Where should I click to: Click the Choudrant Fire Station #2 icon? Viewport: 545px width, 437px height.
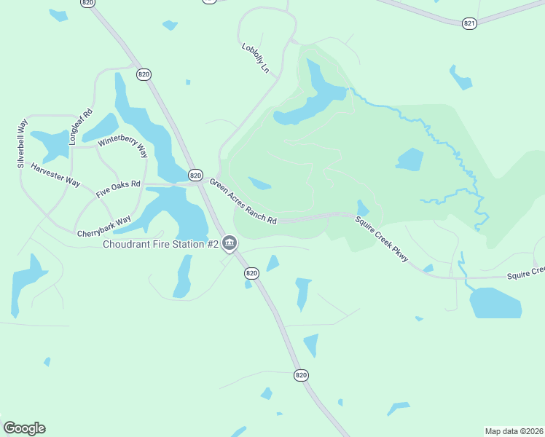coord(230,243)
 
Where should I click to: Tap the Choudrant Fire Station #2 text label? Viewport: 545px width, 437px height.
coord(160,245)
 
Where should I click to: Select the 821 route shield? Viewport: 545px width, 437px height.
coord(469,23)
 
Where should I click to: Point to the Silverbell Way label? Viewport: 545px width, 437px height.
coord(23,142)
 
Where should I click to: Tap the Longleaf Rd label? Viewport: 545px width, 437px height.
coord(80,126)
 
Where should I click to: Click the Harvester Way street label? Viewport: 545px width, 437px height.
coord(55,175)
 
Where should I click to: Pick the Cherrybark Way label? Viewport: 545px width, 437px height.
coord(104,226)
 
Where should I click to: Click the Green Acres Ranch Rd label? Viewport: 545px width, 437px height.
coord(243,202)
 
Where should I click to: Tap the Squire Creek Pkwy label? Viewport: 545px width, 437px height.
coord(381,238)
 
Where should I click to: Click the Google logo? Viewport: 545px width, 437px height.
coord(24,428)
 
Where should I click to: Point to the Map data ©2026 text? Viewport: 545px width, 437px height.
coord(514,430)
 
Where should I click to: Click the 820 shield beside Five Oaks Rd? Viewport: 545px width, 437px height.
coord(195,175)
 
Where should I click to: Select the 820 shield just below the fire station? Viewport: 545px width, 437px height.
coord(251,273)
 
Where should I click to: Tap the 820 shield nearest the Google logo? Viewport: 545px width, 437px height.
coord(302,374)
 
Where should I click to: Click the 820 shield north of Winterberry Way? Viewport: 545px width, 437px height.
coord(144,74)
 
